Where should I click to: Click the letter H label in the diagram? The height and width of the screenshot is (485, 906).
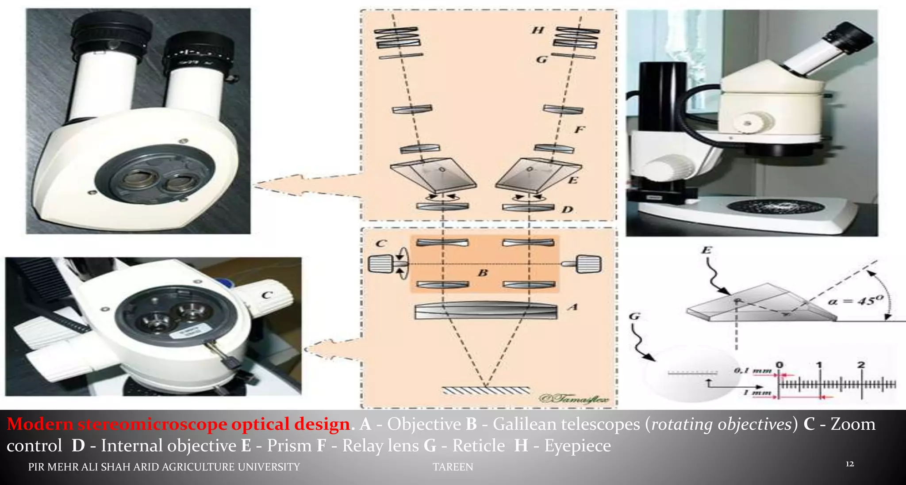click(x=537, y=30)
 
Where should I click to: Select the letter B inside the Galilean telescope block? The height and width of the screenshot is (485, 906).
click(x=483, y=273)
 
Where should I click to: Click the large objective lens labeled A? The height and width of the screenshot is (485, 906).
click(x=485, y=310)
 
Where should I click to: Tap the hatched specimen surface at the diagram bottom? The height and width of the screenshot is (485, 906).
click(x=486, y=390)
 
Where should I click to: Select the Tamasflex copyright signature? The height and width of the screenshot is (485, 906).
click(x=574, y=398)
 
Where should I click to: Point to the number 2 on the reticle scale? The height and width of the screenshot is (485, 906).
click(x=861, y=365)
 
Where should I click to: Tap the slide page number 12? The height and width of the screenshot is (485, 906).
click(x=849, y=464)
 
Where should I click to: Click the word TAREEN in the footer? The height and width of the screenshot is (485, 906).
click(x=453, y=467)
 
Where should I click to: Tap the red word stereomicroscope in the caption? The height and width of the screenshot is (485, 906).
click(x=153, y=424)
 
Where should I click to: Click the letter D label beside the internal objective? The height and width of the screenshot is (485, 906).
click(x=567, y=209)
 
